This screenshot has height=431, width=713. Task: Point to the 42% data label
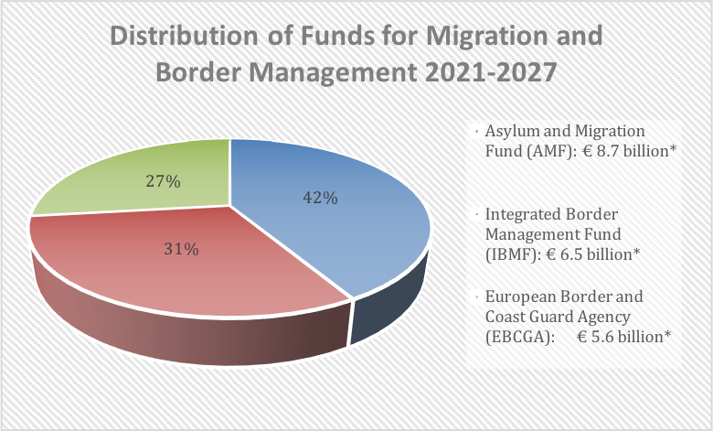click(x=320, y=197)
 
